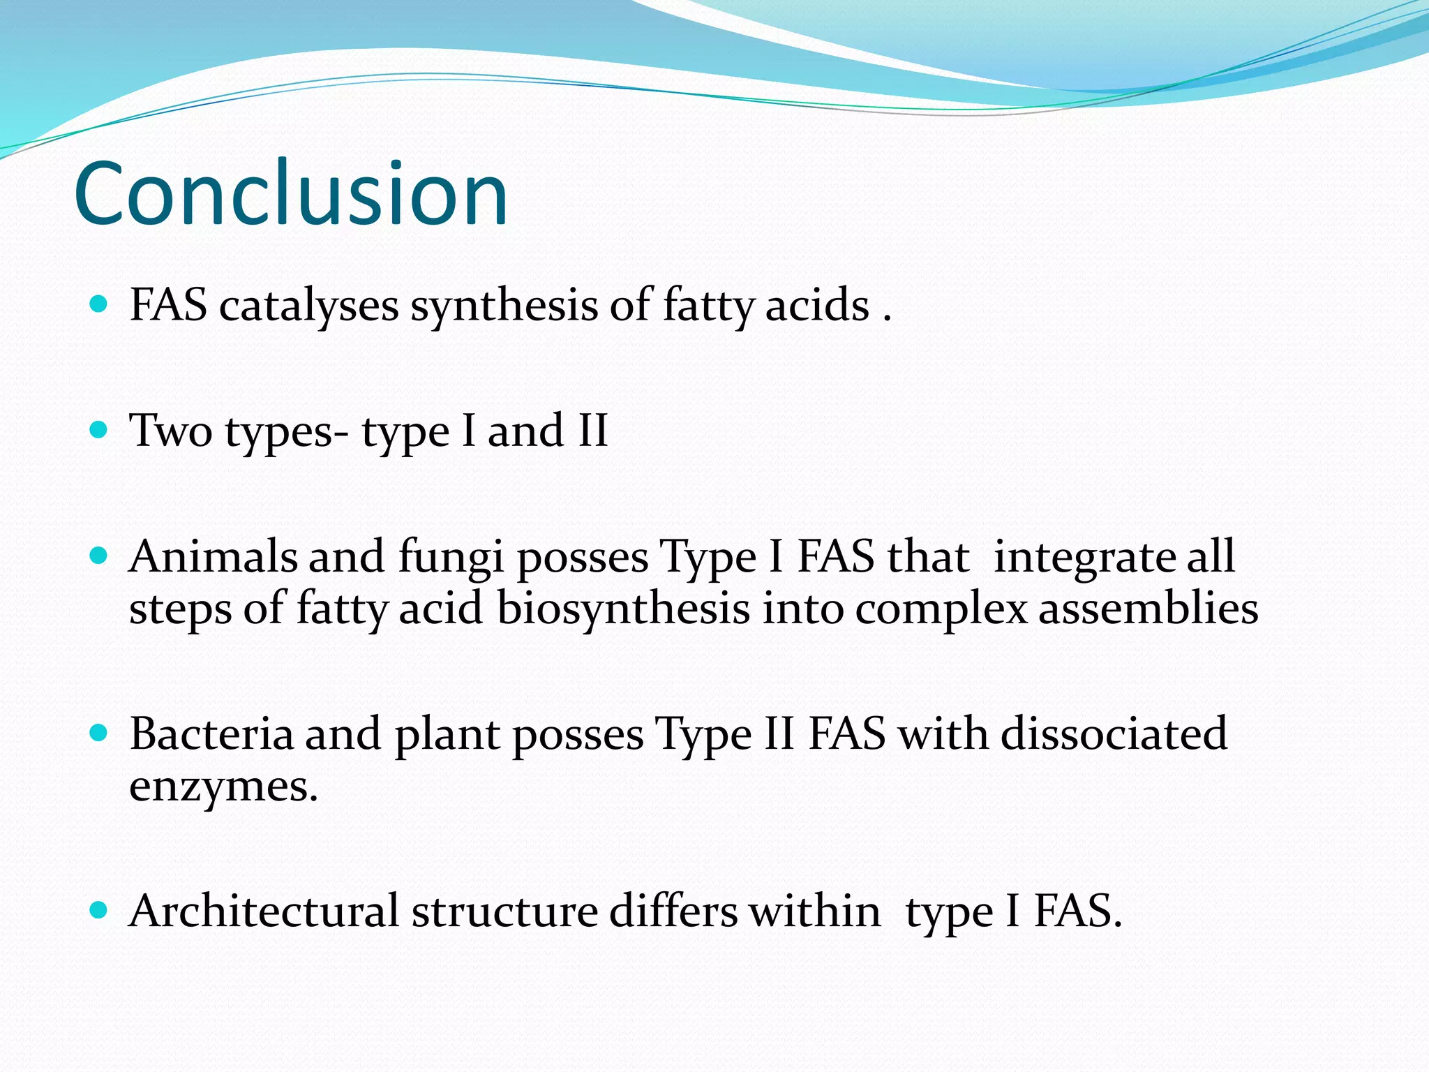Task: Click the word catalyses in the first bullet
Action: pyautogui.click(x=308, y=306)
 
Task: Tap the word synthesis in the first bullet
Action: pyautogui.click(x=504, y=306)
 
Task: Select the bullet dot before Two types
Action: pyautogui.click(x=99, y=429)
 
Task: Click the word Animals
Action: pyautogui.click(x=213, y=557)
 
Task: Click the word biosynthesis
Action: pyautogui.click(x=623, y=609)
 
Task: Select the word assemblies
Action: pyautogui.click(x=1149, y=609)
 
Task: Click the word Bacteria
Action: pyautogui.click(x=211, y=734)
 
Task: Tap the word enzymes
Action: pyautogui.click(x=223, y=787)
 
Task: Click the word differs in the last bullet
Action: pyautogui.click(x=673, y=911)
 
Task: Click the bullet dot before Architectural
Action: pyautogui.click(x=99, y=910)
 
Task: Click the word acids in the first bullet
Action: pyautogui.click(x=816, y=306)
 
